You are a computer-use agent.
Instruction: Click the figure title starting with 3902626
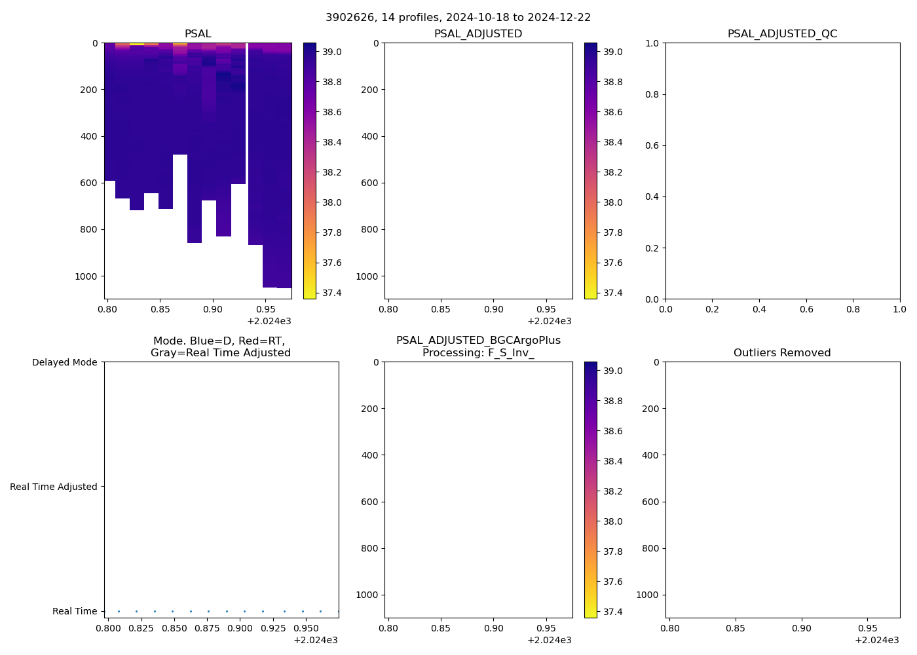point(458,17)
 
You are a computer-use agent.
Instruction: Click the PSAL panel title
point(198,34)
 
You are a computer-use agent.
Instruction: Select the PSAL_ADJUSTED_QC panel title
point(782,34)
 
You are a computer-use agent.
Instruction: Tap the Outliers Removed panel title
point(782,353)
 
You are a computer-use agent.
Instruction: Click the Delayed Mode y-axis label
point(64,362)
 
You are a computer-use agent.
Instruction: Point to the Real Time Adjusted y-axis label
point(54,487)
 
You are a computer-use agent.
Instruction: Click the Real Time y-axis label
point(75,611)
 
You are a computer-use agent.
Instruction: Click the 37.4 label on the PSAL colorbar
point(332,293)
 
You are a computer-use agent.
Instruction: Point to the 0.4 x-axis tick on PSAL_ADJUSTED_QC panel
point(759,309)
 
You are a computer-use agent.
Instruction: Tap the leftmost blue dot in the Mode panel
point(119,611)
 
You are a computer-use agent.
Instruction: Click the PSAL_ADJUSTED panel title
point(478,34)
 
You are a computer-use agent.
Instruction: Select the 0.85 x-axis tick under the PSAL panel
point(160,309)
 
